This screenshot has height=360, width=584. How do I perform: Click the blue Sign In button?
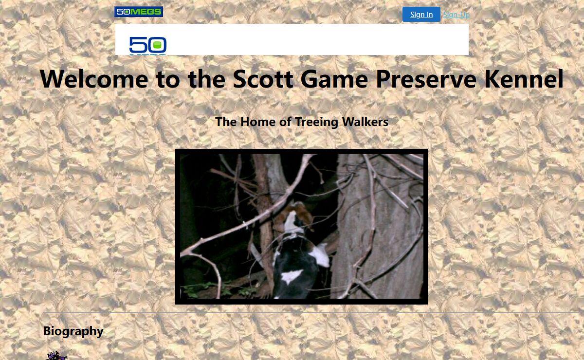pyautogui.click(x=421, y=14)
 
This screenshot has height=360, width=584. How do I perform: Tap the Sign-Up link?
pyautogui.click(x=456, y=15)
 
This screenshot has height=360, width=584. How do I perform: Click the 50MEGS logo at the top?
pyautogui.click(x=139, y=12)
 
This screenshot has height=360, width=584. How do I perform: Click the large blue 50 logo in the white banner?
pyautogui.click(x=148, y=45)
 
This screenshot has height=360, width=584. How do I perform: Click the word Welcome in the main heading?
pyautogui.click(x=94, y=79)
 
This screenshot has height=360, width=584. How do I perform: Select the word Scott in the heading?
pyautogui.click(x=263, y=79)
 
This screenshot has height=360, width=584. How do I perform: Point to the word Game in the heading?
pyautogui.click(x=334, y=79)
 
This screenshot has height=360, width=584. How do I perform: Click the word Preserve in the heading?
pyautogui.click(x=426, y=79)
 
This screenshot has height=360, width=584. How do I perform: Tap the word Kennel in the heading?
pyautogui.click(x=524, y=79)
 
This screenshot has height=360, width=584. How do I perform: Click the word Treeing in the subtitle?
pyautogui.click(x=316, y=122)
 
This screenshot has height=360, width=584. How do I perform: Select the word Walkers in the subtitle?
pyautogui.click(x=365, y=122)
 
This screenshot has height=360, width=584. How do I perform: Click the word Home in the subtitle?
pyautogui.click(x=258, y=122)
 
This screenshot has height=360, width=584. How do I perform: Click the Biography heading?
pyautogui.click(x=73, y=331)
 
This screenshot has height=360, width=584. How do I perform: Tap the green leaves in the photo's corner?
pyautogui.click(x=198, y=290)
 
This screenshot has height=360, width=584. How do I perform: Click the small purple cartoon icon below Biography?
pyautogui.click(x=56, y=356)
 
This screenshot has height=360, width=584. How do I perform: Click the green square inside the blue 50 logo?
pyautogui.click(x=157, y=45)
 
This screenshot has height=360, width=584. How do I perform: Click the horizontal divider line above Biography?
pyautogui.click(x=311, y=312)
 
